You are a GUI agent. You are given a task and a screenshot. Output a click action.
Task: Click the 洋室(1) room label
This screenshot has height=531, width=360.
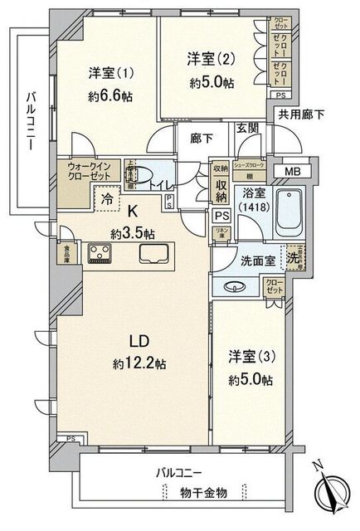[x=109, y=73]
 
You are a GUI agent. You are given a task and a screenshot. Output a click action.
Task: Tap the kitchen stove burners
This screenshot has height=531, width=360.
[x=100, y=251]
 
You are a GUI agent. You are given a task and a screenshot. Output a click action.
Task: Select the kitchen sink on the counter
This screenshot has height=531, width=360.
[x=158, y=252]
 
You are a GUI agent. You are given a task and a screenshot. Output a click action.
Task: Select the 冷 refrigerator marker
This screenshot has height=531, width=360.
[x=106, y=200]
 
